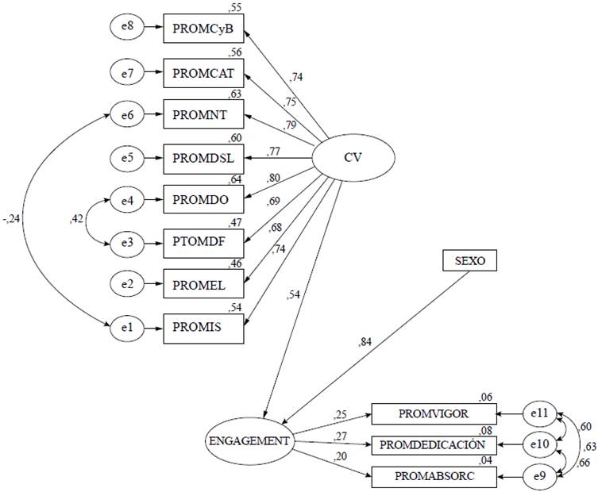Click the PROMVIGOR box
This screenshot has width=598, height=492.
(x=434, y=413)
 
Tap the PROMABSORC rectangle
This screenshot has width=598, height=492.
(x=434, y=476)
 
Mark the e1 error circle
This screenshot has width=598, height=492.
(x=126, y=325)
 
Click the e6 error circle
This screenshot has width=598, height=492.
(x=126, y=115)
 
